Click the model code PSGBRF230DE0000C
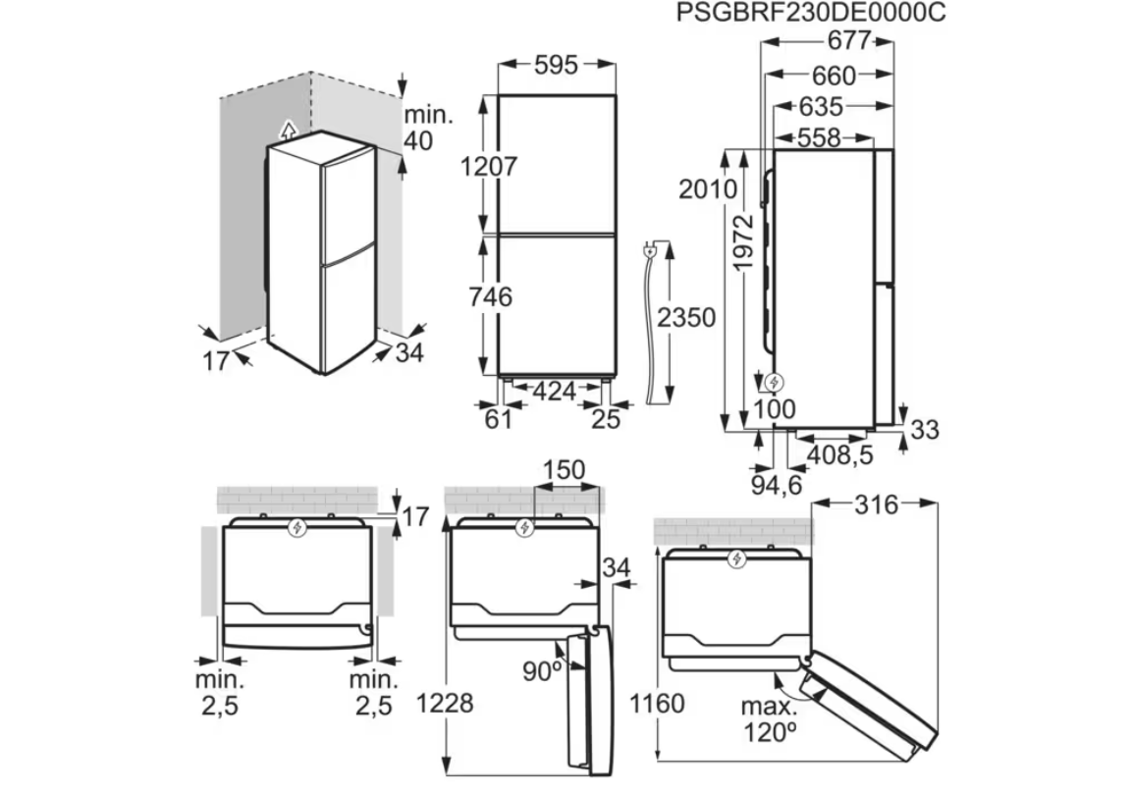[x=810, y=13]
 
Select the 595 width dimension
[x=556, y=65]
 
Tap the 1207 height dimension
[x=490, y=167]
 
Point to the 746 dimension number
[x=490, y=296]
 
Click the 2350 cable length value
[x=686, y=318]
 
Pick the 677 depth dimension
[x=849, y=40]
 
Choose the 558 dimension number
[x=819, y=137]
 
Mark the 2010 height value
[x=708, y=189]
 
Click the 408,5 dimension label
[x=839, y=455]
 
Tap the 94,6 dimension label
[x=777, y=485]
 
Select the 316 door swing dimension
[x=876, y=505]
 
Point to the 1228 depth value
[x=445, y=703]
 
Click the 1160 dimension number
[x=657, y=703]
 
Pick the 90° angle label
[x=542, y=671]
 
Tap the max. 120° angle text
[x=770, y=719]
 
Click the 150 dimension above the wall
[x=564, y=470]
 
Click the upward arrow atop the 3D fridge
[x=288, y=131]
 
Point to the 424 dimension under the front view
[x=555, y=392]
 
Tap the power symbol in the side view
[x=775, y=383]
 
